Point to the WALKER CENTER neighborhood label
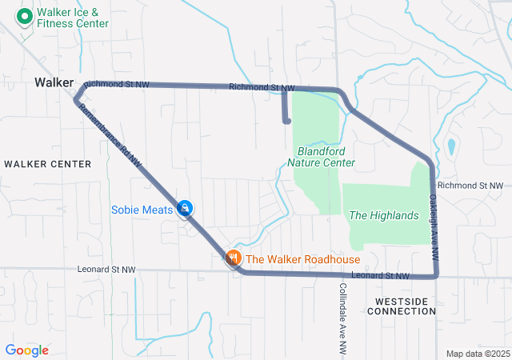pos(47,164)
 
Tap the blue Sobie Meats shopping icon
pos(185,209)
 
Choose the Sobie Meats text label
pos(142,210)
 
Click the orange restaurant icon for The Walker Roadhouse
pos(233,258)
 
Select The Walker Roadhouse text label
pos(302,259)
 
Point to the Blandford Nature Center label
pos(326,157)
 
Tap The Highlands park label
pos(384,215)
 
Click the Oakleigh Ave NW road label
pos(434,227)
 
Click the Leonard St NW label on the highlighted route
pos(381,275)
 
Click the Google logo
pos(26,350)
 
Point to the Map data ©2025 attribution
pos(477,354)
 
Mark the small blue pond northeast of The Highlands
pos(451,146)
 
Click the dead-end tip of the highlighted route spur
pos(286,122)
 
